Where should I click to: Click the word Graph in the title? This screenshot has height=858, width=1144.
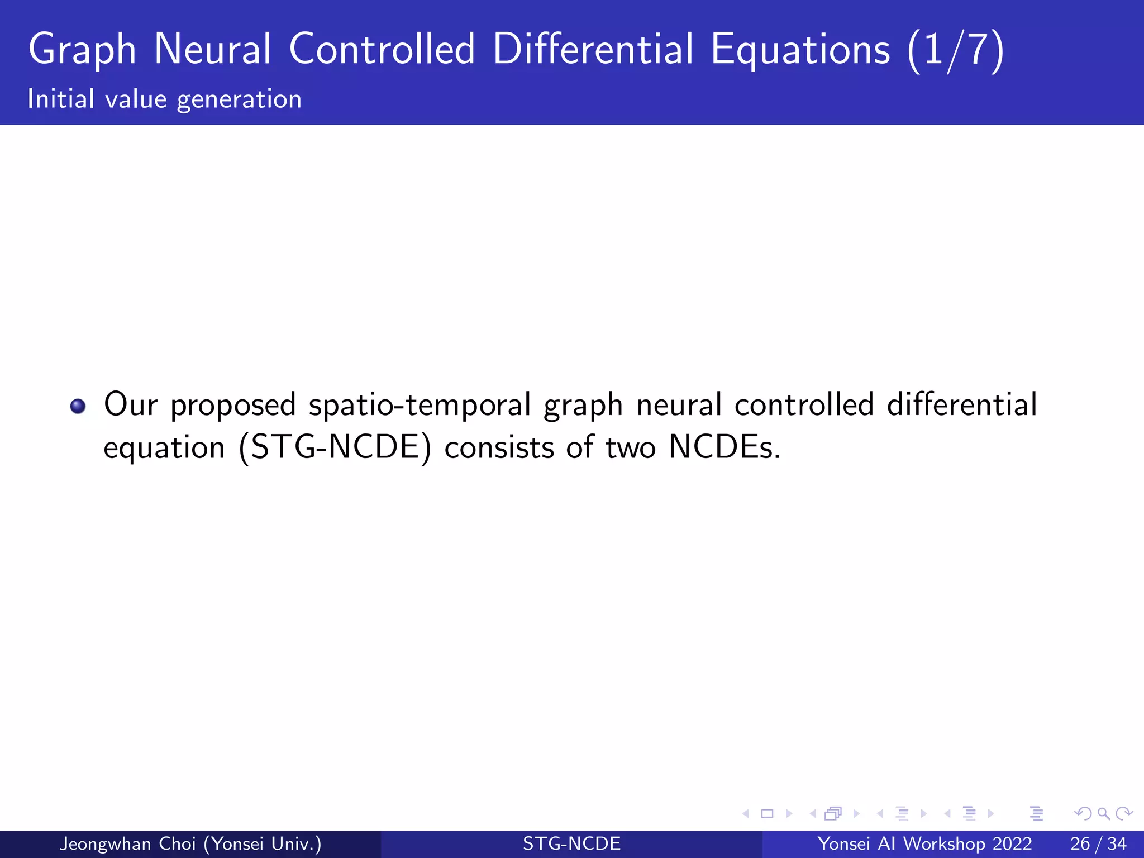pyautogui.click(x=82, y=50)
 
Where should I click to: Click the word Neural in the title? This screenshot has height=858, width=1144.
pyautogui.click(x=213, y=49)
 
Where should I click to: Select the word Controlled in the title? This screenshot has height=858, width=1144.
pyautogui.click(x=382, y=49)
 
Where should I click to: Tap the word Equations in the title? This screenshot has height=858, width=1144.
pyautogui.click(x=800, y=50)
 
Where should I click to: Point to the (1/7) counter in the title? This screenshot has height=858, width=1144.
pyautogui.click(x=956, y=50)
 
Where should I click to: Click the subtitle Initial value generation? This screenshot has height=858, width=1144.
pyautogui.click(x=165, y=99)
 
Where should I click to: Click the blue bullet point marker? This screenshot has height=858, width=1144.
pyautogui.click(x=78, y=406)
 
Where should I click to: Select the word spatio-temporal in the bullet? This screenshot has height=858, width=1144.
pyautogui.click(x=420, y=405)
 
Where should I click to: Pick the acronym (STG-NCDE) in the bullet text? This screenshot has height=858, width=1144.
pyautogui.click(x=335, y=447)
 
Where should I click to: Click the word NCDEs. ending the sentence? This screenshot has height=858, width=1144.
pyautogui.click(x=724, y=447)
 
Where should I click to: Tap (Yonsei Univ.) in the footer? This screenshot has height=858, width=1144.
pyautogui.click(x=263, y=843)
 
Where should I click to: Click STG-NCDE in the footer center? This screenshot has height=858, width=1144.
pyautogui.click(x=571, y=843)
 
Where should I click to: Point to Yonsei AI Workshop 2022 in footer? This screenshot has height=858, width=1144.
pyautogui.click(x=924, y=843)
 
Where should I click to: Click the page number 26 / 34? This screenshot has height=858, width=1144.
pyautogui.click(x=1098, y=843)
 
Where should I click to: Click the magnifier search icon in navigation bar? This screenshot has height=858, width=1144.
pyautogui.click(x=1103, y=814)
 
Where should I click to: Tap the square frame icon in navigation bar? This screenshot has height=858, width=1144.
pyautogui.click(x=767, y=814)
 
